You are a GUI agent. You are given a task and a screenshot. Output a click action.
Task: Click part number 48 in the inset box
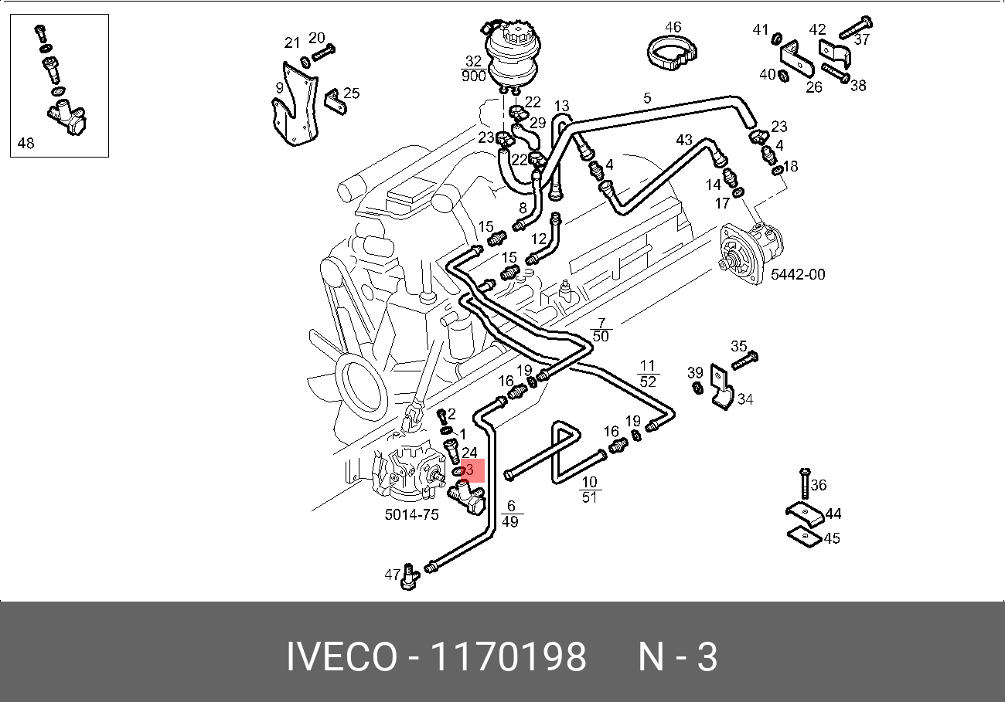[x=26, y=143]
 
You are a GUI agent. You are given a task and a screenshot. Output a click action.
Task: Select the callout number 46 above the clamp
[x=673, y=27]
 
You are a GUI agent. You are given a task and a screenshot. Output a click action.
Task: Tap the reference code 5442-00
[x=798, y=274]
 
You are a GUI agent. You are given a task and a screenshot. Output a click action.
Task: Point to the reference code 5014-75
[x=411, y=514]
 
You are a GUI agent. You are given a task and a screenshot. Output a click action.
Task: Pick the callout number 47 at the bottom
[x=393, y=575]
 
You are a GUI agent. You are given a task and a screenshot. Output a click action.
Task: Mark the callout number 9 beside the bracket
[x=279, y=89]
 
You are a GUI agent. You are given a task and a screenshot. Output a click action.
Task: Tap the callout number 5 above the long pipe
[x=647, y=98]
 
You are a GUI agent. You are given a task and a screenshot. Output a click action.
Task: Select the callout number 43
[x=684, y=140]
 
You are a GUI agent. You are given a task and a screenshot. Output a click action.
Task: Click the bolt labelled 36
[x=804, y=483]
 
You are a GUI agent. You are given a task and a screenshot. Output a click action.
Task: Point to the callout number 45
[x=832, y=538]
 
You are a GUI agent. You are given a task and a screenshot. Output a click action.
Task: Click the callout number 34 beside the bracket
[x=745, y=399]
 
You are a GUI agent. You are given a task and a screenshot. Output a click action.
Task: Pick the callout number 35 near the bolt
[x=739, y=346]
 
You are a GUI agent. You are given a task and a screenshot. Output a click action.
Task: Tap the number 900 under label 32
[x=473, y=76]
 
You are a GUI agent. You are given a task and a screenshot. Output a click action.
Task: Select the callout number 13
[x=561, y=106]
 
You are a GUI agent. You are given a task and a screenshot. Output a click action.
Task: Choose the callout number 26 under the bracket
[x=814, y=87]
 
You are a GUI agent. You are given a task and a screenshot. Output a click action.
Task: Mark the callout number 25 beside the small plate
[x=352, y=93]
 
